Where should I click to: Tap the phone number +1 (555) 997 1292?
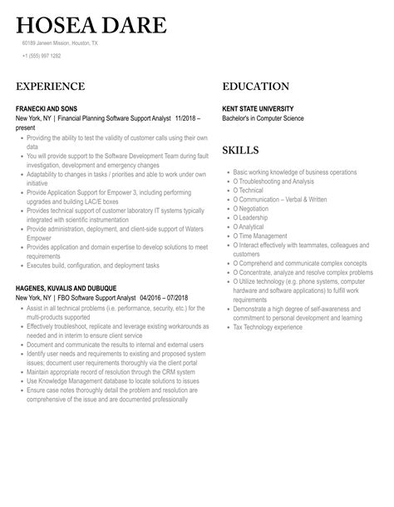(42, 56)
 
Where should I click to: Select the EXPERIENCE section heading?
(50, 86)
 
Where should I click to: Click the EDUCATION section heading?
(256, 86)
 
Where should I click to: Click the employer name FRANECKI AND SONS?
(52, 109)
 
